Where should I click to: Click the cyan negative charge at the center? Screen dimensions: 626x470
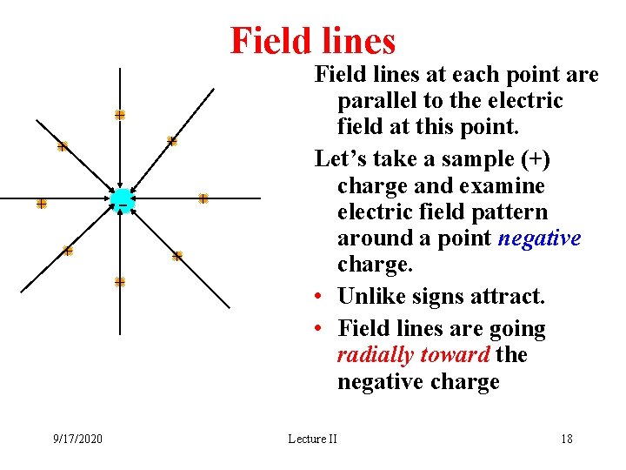[121, 199]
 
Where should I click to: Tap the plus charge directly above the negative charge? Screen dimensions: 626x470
[120, 115]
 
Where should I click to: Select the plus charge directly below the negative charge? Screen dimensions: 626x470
[120, 281]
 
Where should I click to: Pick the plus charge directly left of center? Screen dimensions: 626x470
[41, 204]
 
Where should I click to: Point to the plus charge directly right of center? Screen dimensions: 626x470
[203, 198]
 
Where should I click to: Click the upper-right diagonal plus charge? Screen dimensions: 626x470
[172, 141]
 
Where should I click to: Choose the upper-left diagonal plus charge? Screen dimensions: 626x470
[63, 147]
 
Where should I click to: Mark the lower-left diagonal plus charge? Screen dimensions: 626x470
[68, 251]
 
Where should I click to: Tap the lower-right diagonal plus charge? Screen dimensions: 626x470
[177, 256]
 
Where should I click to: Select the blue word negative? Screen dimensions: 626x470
[540, 238]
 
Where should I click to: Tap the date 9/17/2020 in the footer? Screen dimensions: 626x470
[77, 439]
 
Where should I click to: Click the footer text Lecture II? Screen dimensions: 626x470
[312, 439]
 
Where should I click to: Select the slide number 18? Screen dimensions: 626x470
[567, 439]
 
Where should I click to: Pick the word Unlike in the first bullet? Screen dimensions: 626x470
[369, 297]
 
